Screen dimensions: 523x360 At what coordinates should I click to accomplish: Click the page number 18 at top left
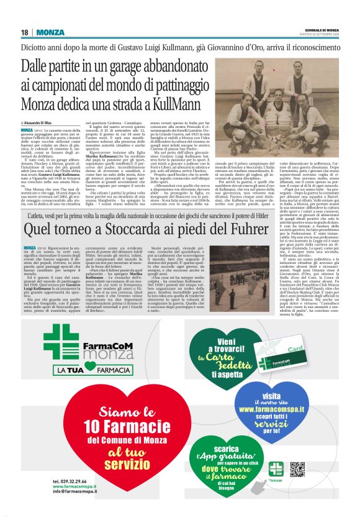(x=24, y=32)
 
